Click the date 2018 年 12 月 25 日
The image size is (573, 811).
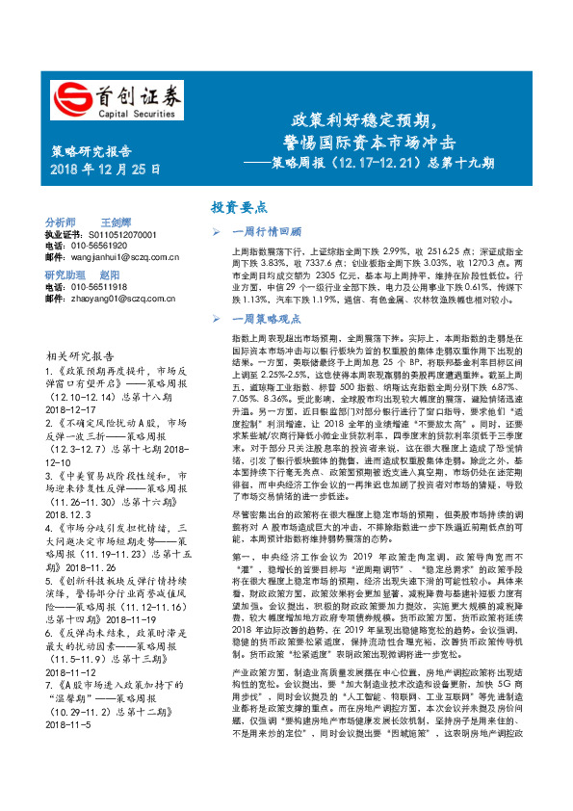click(105, 170)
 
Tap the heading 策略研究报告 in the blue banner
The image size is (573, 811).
click(91, 151)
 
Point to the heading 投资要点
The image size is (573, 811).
click(239, 207)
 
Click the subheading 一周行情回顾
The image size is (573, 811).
click(268, 232)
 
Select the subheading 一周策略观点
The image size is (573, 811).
click(268, 317)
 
